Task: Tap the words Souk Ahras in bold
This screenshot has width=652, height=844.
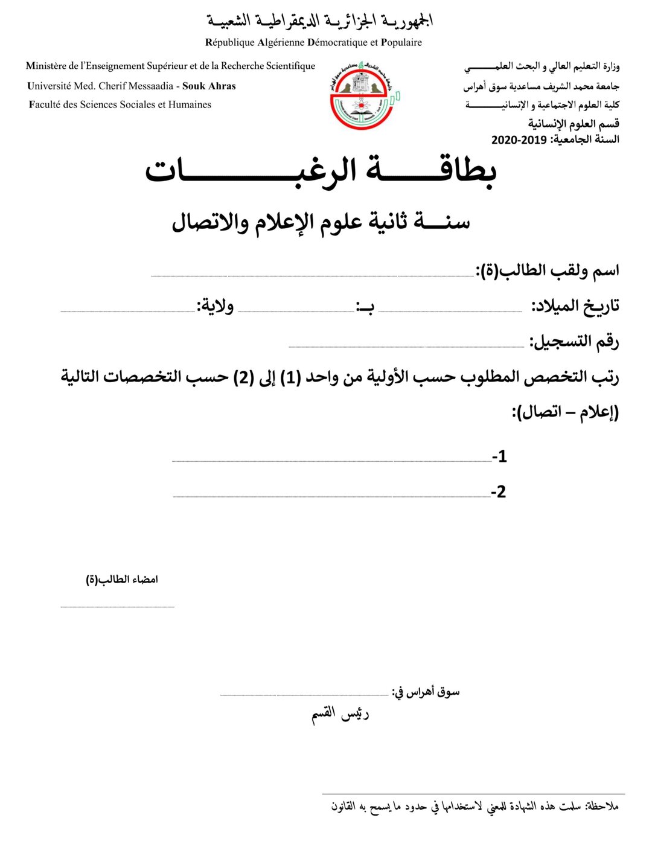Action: coord(209,86)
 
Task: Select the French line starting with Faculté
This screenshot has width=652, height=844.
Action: coord(120,104)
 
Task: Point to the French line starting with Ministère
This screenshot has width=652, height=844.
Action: coord(170,66)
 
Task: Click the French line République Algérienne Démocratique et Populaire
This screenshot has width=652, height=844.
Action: coord(313,42)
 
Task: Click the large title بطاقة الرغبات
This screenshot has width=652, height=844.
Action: coord(321,172)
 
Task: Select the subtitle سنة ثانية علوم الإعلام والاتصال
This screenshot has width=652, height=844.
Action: coord(321,222)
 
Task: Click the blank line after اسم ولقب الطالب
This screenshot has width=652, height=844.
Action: coord(312,275)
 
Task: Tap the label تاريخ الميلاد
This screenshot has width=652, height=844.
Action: coord(575,306)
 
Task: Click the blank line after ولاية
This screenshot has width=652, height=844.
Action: coord(127,311)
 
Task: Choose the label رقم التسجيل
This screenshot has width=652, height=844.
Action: coord(574,342)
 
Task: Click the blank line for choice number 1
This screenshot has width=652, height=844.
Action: coord(331,461)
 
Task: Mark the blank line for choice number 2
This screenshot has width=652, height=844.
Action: coord(331,496)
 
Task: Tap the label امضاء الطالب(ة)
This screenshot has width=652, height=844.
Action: coord(122,580)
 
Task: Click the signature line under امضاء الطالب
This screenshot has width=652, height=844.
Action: coord(117,606)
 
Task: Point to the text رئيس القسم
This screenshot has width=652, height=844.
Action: coord(340,714)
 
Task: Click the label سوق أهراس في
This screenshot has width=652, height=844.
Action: coord(426,692)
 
